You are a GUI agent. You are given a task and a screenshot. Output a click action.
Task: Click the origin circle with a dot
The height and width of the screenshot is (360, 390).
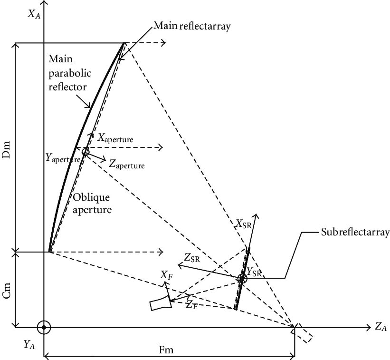point(44,327)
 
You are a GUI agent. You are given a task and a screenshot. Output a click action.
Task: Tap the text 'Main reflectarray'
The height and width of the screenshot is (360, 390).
point(192,27)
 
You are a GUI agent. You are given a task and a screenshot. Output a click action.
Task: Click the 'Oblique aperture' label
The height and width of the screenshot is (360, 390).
point(92,203)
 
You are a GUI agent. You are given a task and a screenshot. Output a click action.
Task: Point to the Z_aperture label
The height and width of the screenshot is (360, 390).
point(126,164)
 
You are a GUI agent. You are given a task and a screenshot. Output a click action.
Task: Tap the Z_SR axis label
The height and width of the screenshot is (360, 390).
point(192,258)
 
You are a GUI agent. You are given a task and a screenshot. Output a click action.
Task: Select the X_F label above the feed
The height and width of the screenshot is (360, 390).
point(166,276)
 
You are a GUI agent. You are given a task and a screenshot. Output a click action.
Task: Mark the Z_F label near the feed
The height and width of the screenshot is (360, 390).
point(191,305)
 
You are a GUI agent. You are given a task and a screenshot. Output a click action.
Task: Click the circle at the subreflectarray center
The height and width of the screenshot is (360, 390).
point(242,279)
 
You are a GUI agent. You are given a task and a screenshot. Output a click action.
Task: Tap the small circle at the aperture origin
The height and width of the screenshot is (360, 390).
point(86,152)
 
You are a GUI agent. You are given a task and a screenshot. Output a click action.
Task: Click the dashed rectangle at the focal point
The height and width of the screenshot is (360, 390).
point(303,333)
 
